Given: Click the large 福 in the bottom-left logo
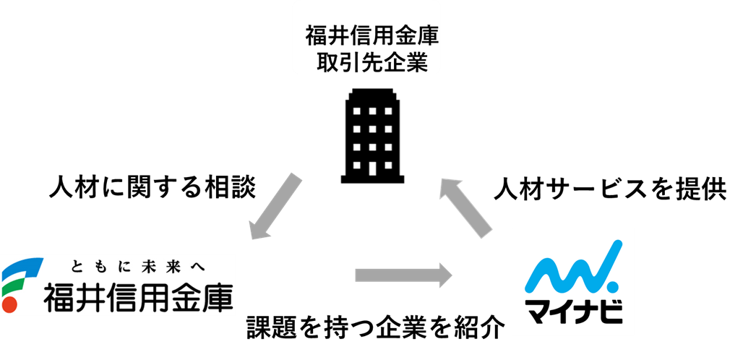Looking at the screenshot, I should click(60, 296).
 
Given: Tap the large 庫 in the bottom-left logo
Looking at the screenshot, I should click(217, 296).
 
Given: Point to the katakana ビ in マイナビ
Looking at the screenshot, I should click(611, 312).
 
